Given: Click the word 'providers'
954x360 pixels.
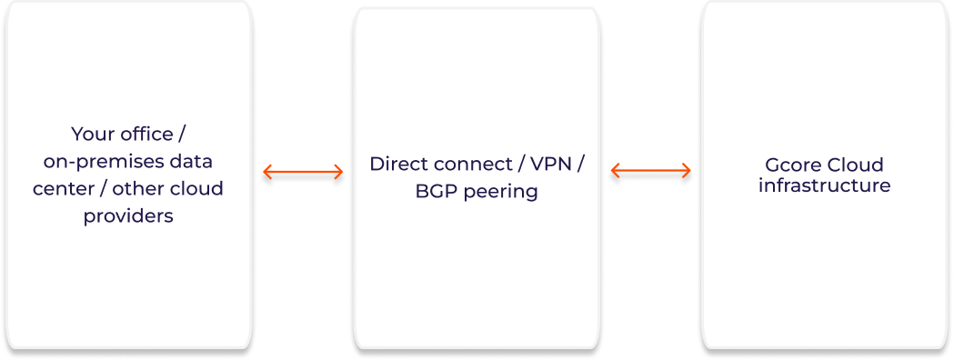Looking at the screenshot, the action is pyautogui.click(x=128, y=216).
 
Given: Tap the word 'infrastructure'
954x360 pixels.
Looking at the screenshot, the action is pyautogui.click(x=825, y=185).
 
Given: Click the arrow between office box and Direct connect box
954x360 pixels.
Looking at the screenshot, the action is pyautogui.click(x=303, y=173).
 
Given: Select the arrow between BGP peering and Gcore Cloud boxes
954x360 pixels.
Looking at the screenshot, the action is pyautogui.click(x=650, y=171).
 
